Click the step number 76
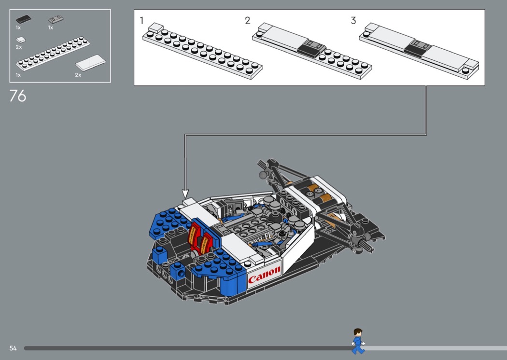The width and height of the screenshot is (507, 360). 18,96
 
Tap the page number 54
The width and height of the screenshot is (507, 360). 13,348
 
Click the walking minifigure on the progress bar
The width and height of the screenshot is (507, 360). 358,341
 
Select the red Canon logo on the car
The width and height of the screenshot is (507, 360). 264,275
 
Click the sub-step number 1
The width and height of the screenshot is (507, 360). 141,20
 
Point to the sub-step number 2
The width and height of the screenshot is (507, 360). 247,20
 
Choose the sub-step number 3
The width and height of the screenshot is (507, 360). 353,20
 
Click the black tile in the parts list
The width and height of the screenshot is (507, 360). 24,19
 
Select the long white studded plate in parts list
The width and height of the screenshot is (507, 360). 53,53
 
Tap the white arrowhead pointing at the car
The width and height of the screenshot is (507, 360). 185,194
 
